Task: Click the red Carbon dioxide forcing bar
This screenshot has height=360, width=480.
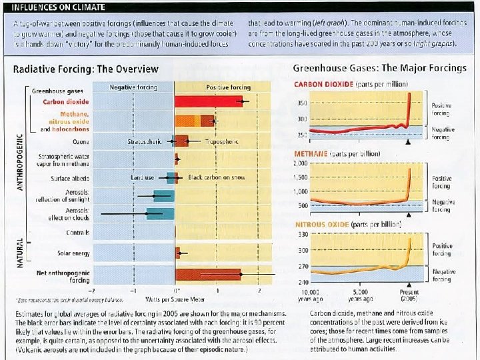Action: point(209,101)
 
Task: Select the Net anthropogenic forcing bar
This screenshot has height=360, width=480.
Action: point(217,274)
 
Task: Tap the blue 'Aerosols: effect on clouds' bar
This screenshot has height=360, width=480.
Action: point(160,214)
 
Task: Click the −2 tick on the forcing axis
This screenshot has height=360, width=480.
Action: point(93,291)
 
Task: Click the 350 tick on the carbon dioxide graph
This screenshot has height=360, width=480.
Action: point(301,103)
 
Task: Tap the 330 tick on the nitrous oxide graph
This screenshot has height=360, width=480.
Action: point(301,234)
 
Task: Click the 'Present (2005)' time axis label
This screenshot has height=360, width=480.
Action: point(409,295)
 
